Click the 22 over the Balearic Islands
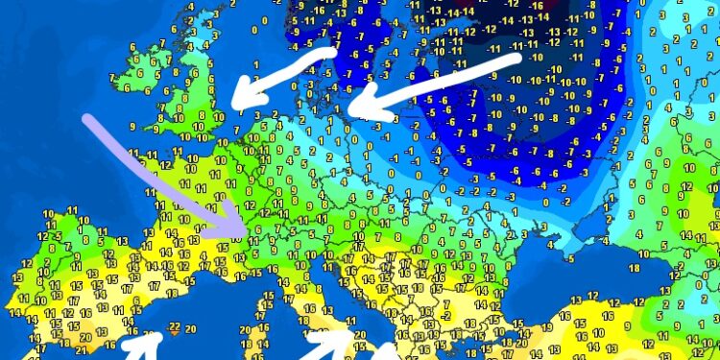point(174,326)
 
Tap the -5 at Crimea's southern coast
point(569,258)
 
